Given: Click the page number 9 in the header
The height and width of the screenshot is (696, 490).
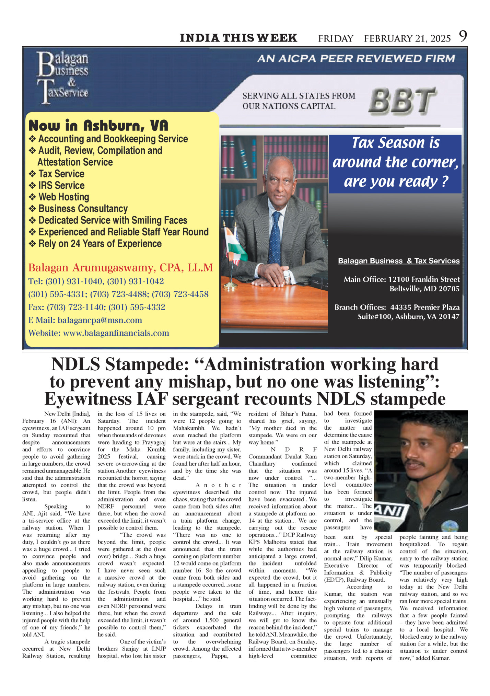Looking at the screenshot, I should (463, 36).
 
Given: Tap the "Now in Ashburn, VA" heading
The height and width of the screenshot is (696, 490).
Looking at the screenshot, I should (98, 126).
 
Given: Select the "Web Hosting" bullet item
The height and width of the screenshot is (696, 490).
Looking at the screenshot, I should (63, 197).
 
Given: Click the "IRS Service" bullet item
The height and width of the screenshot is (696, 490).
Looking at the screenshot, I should (61, 185).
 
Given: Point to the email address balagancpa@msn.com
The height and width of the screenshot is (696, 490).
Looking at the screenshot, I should (100, 320).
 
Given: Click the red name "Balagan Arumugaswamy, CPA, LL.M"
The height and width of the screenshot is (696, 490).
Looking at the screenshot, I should (120, 268).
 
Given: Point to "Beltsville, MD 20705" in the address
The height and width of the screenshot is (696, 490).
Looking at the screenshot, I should (424, 289).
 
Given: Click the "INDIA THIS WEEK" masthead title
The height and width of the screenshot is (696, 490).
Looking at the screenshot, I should (238, 38).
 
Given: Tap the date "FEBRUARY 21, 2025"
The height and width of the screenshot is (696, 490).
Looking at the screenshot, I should (407, 39).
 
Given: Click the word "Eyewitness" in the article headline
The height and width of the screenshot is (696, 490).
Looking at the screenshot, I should (89, 399).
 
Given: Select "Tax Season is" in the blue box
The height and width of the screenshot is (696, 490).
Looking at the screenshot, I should (395, 143).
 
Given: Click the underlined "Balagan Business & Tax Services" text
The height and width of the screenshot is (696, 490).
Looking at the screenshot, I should (399, 261).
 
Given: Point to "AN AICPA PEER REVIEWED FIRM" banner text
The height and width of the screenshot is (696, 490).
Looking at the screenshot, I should (356, 59).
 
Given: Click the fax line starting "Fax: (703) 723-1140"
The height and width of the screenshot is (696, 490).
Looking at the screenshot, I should (97, 307).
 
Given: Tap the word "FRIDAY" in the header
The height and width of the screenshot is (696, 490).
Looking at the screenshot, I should (336, 39).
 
